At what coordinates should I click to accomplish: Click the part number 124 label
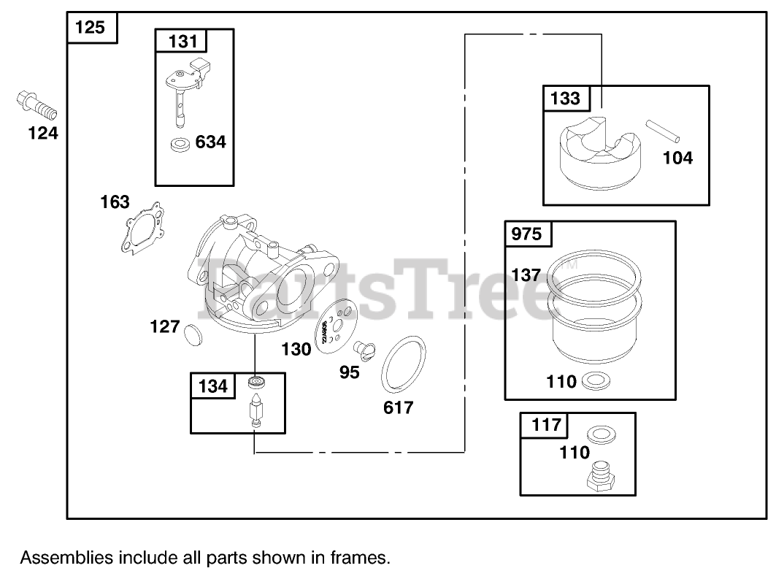pos(43,134)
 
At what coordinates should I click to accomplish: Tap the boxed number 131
pos(183,41)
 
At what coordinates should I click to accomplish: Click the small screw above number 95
pos(365,350)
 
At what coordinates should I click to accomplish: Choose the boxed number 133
pos(566,98)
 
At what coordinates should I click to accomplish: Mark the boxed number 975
pos(528,234)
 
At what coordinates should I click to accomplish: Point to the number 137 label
pos(526,275)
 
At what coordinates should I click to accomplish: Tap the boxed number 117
pos(542,424)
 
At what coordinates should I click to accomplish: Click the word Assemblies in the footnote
pos(66,559)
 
